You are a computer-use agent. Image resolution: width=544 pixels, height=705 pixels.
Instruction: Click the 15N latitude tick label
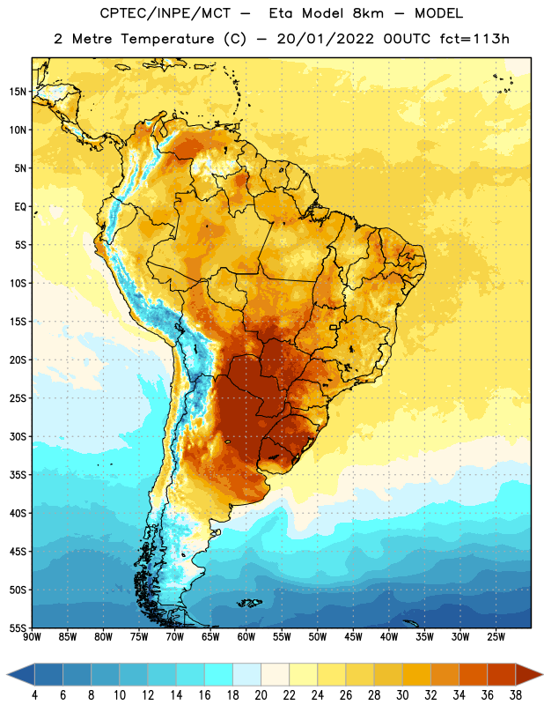click(18, 92)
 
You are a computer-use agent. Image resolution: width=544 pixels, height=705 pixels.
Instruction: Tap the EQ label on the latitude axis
click(20, 207)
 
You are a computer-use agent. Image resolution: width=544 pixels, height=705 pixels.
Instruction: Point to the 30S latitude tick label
click(18, 436)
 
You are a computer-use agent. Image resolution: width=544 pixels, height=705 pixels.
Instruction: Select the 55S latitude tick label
click(18, 628)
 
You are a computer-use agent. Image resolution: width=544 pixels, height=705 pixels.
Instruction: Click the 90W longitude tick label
click(32, 637)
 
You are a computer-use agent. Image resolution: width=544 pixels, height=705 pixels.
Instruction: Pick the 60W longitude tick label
click(246, 637)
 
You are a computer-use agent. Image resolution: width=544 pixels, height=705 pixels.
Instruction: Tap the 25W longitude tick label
click(496, 637)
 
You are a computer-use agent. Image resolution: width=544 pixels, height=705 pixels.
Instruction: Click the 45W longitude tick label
click(353, 637)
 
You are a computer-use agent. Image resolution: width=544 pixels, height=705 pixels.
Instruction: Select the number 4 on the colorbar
click(34, 695)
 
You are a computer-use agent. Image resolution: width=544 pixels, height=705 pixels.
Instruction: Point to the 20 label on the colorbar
click(261, 695)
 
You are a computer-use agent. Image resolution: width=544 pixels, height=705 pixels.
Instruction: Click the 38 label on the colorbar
click(516, 695)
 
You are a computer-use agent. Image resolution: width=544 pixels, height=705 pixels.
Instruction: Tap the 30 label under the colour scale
click(402, 695)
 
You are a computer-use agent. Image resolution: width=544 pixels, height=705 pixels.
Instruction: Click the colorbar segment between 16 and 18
click(219, 674)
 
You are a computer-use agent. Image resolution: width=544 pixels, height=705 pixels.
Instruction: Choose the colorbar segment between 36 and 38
click(502, 674)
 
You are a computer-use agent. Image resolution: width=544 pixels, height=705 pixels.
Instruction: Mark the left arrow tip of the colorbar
click(7, 674)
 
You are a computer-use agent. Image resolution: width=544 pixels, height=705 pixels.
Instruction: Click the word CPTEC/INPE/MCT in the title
click(165, 13)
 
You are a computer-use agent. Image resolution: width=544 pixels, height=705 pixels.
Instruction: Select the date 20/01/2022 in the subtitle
click(325, 39)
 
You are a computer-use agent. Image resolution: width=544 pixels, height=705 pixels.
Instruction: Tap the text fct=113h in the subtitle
click(474, 39)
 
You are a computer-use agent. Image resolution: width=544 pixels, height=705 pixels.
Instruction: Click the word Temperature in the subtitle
click(167, 39)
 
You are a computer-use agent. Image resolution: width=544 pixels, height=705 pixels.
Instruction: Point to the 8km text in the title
click(368, 13)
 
